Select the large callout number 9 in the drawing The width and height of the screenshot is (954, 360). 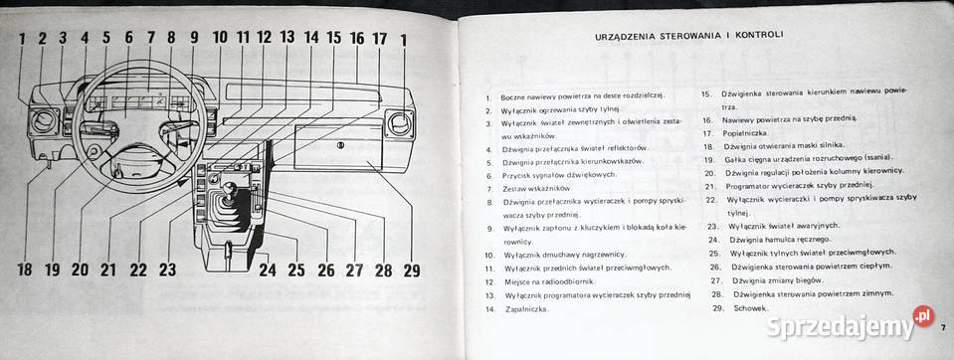point(193,39)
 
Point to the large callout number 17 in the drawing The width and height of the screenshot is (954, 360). point(379,39)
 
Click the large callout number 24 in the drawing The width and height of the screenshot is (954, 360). point(267,269)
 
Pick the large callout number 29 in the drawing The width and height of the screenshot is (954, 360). point(412,269)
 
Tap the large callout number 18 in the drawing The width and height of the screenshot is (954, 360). point(25,269)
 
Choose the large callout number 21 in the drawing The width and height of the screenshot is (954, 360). point(108,269)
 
